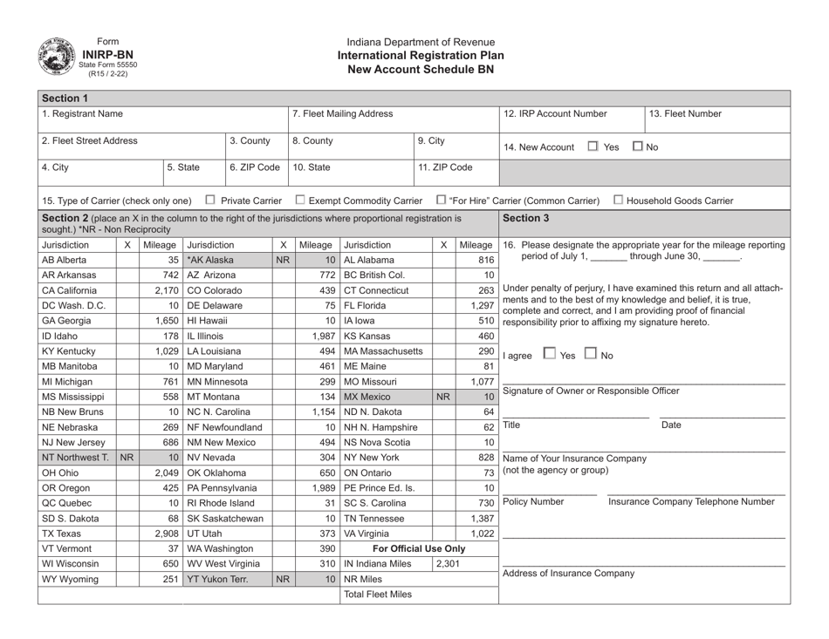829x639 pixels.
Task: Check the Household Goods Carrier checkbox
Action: [x=617, y=203]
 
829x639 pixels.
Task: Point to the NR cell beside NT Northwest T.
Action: [x=127, y=481]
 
